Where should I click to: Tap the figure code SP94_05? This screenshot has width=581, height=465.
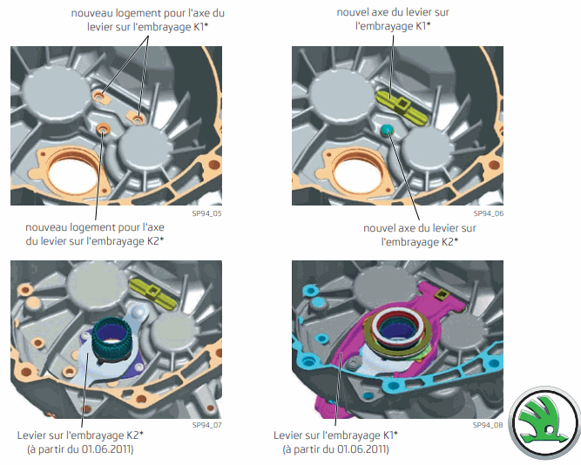tap(206, 214)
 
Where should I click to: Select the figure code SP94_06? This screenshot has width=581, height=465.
tap(489, 214)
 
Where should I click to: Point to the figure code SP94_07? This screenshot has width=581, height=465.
tap(206, 425)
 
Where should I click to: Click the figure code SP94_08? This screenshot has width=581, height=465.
tap(488, 425)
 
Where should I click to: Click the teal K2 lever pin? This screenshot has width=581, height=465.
tap(387, 130)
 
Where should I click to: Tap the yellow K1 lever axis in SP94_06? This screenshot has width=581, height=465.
tap(402, 106)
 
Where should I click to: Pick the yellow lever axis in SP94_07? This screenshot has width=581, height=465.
tap(153, 293)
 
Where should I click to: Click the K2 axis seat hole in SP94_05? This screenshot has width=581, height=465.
tap(103, 130)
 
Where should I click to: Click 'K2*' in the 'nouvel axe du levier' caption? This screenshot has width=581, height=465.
tap(449, 242)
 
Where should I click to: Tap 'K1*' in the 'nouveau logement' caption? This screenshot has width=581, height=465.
tap(200, 27)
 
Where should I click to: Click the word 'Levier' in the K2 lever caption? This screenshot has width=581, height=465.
tap(32, 435)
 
